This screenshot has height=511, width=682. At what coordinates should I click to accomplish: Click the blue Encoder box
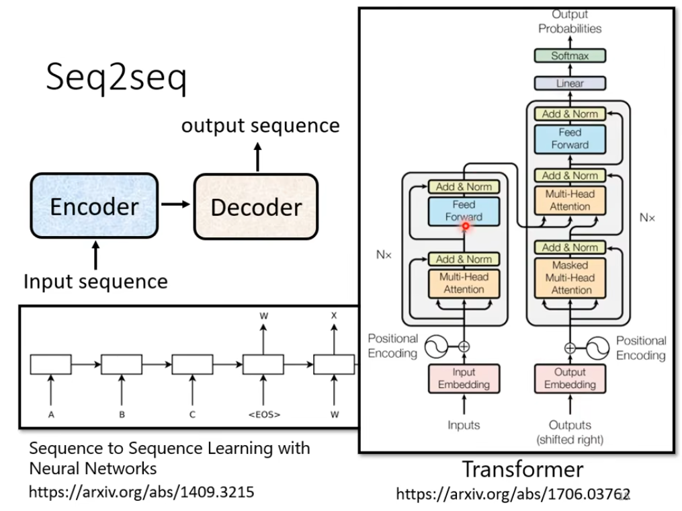pyautogui.click(x=94, y=206)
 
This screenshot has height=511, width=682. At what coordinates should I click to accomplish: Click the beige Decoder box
pyautogui.click(x=255, y=206)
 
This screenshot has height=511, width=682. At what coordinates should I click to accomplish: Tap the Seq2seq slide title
pyautogui.click(x=116, y=79)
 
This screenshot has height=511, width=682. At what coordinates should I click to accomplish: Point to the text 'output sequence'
pyautogui.click(x=260, y=126)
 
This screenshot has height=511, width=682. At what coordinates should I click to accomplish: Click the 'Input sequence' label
pyautogui.click(x=95, y=280)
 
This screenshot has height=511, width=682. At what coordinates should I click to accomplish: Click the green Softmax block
pyautogui.click(x=570, y=56)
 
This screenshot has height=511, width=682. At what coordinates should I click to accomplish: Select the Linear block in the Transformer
pyautogui.click(x=570, y=83)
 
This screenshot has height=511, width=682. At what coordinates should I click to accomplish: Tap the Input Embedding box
pyautogui.click(x=464, y=378)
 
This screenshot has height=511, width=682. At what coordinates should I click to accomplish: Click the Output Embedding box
pyautogui.click(x=570, y=378)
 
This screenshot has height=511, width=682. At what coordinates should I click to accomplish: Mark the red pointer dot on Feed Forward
pyautogui.click(x=465, y=227)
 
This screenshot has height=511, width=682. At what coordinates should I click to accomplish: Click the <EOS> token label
pyautogui.click(x=263, y=415)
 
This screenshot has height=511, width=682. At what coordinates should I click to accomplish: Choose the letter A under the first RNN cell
pyautogui.click(x=51, y=415)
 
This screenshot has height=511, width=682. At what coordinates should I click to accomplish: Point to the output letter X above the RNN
pyautogui.click(x=334, y=314)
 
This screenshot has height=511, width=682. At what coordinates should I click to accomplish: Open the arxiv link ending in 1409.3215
pyautogui.click(x=141, y=492)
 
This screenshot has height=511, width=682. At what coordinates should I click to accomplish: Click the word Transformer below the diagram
pyautogui.click(x=523, y=468)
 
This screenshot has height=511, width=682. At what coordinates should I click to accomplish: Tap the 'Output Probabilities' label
pyautogui.click(x=570, y=22)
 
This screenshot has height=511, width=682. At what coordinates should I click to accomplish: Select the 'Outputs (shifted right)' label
pyautogui.click(x=570, y=432)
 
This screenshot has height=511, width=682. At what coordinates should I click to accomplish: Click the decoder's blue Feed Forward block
pyautogui.click(x=570, y=139)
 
